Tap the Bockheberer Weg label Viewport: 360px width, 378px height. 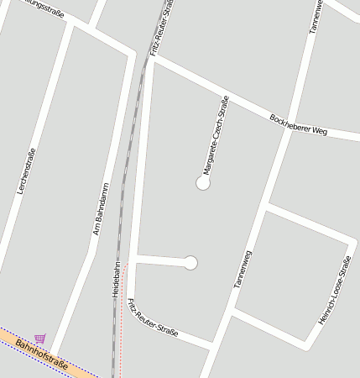[x=298, y=124]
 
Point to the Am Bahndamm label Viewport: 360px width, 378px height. [x=101, y=208]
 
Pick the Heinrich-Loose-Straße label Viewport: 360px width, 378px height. [x=333, y=291]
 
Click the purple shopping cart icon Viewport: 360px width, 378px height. [x=40, y=339]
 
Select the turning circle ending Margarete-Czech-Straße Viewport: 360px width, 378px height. [x=202, y=182]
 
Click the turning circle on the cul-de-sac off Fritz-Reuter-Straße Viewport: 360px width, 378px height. [x=190, y=263]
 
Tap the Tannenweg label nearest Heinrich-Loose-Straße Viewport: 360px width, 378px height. [x=243, y=270]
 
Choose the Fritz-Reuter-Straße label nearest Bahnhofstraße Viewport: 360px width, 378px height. [x=154, y=318]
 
